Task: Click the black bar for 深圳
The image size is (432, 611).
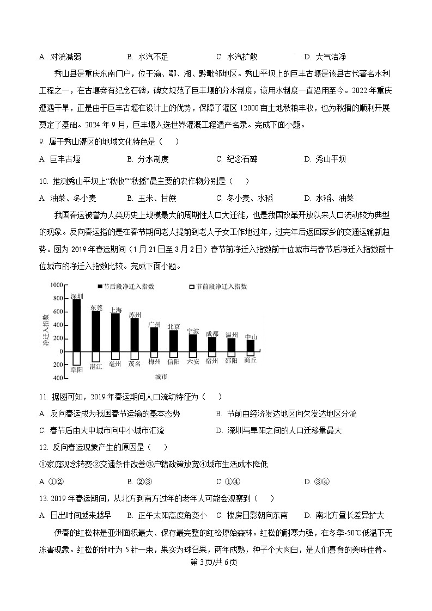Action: (77, 325)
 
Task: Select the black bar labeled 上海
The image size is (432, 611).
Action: (115, 332)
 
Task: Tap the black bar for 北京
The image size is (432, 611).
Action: (173, 341)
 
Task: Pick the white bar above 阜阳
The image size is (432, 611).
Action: (77, 358)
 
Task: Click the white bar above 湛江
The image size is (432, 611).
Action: (96, 356)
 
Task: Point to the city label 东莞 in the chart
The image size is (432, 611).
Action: (96, 307)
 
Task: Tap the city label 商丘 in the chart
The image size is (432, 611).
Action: (251, 360)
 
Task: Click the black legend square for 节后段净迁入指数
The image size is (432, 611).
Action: (100, 286)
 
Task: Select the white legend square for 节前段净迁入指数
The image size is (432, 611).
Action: (191, 286)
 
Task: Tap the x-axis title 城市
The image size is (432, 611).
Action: (161, 377)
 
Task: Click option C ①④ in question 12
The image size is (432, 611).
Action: (228, 482)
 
